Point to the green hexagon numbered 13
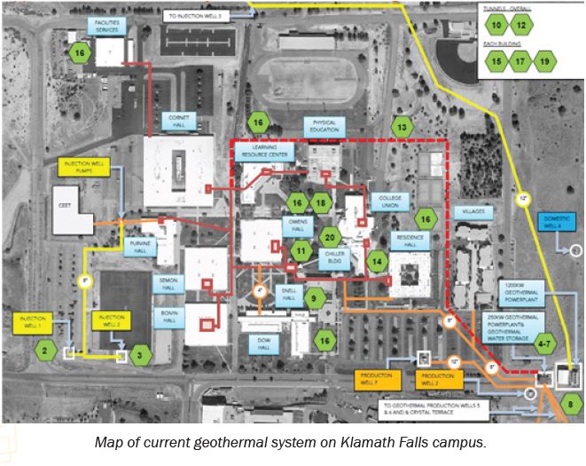click(x=403, y=128)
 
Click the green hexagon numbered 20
click(x=330, y=237)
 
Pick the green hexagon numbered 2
click(x=43, y=350)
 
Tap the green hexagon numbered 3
click(x=139, y=356)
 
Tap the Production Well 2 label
click(x=437, y=379)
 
